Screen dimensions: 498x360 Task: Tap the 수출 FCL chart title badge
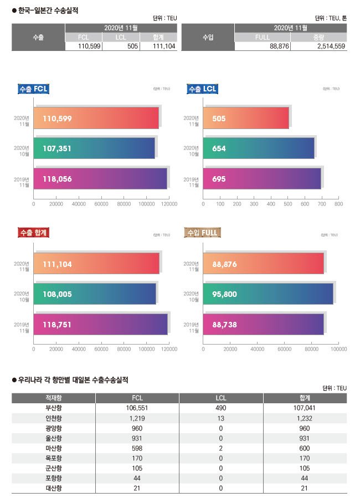(34, 89)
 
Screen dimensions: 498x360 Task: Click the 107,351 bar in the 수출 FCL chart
(94, 148)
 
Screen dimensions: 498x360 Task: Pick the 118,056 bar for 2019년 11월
(100, 179)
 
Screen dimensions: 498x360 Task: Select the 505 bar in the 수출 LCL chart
(246, 118)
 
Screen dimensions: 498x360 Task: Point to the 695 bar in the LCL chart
(262, 179)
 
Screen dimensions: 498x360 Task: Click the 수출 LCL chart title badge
(203, 89)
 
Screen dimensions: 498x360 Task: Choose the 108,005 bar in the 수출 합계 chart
(95, 294)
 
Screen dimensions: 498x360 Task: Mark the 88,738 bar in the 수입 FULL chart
(263, 324)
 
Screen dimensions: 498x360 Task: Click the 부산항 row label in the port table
(53, 408)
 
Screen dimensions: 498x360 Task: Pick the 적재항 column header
(53, 398)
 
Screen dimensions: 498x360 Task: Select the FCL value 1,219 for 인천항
(137, 418)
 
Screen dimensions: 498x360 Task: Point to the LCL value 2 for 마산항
(221, 448)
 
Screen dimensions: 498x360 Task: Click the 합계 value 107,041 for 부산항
(305, 408)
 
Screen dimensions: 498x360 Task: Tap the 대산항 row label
(53, 487)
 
